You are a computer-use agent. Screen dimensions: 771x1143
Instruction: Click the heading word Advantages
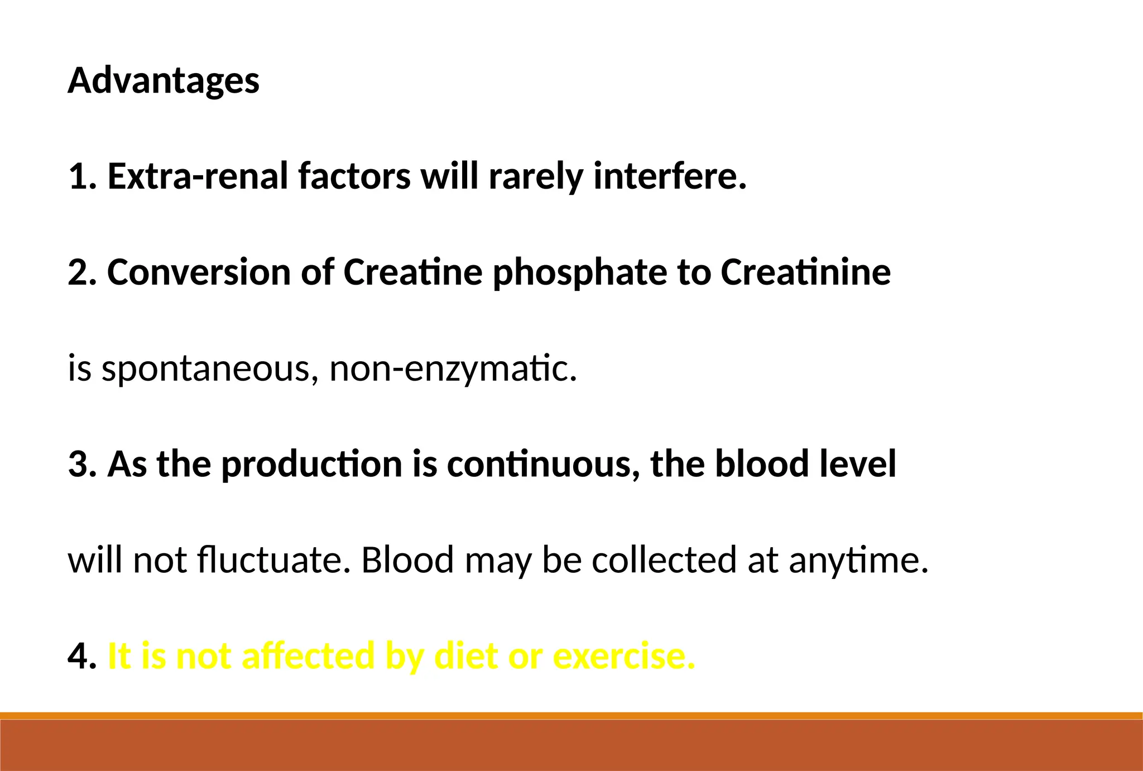[164, 81]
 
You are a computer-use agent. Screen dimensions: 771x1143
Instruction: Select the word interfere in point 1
[669, 176]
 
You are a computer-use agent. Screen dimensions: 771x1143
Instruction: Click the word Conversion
[199, 272]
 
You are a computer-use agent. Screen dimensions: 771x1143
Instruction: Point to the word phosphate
[580, 274]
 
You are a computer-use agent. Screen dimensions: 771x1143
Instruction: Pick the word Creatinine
[805, 272]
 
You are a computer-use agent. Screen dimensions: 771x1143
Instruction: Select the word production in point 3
[311, 464]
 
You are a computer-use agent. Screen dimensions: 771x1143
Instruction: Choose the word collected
[664, 560]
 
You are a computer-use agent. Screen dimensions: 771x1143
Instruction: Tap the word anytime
[858, 561]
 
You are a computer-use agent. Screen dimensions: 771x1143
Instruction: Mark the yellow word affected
[308, 656]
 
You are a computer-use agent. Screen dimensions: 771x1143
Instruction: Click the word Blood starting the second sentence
[407, 560]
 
